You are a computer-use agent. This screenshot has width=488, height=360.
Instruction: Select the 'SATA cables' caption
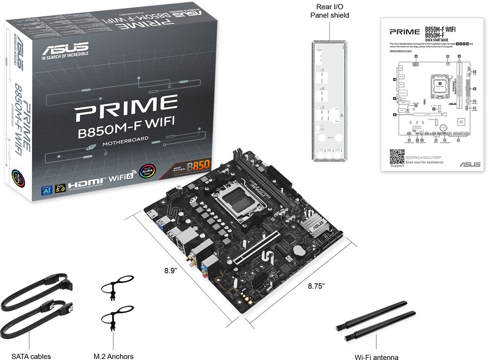pos(31,356)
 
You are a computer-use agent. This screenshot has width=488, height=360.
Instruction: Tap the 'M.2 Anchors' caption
pos(113,356)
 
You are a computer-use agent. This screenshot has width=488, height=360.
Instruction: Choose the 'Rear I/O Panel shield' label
pos(330,11)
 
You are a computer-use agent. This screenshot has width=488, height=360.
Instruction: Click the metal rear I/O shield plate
pos(329,100)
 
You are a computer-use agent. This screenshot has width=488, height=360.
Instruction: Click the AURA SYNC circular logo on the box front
pos(145,173)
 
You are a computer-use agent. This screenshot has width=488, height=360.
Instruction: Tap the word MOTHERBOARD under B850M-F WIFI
pos(125,143)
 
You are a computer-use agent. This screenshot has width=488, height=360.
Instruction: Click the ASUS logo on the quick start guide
pos(469,164)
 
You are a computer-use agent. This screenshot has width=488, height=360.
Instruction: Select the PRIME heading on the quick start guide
pos(404,32)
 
